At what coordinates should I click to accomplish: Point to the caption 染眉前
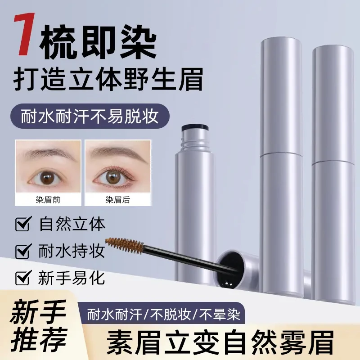(48, 199)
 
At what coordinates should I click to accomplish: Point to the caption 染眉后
(118, 199)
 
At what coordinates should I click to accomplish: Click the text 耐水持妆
(72, 251)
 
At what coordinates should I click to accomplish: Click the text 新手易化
(72, 278)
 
